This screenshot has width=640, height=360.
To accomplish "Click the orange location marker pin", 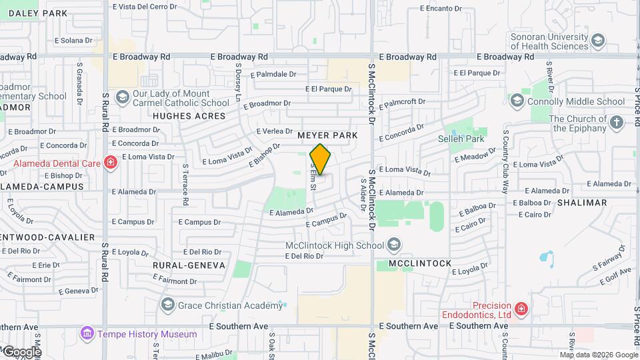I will pyautogui.click(x=321, y=159).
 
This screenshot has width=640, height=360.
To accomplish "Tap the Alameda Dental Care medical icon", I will pyautogui.click(x=110, y=162).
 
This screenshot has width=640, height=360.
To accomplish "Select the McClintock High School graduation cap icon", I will pyautogui.click(x=394, y=245).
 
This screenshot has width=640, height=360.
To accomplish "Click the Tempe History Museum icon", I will pyautogui.click(x=86, y=333).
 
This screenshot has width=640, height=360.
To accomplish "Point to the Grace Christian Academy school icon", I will pyautogui.click(x=167, y=305).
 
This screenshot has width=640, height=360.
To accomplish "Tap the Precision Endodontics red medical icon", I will pyautogui.click(x=521, y=309).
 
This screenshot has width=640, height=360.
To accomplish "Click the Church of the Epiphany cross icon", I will pyautogui.click(x=617, y=123).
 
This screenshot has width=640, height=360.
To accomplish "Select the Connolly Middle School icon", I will pyautogui.click(x=517, y=101).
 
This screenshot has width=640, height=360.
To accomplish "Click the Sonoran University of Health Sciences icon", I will pyautogui.click(x=598, y=40).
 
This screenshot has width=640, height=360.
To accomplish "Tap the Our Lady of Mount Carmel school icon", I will pyautogui.click(x=122, y=98).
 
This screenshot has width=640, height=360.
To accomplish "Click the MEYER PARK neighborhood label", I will pyautogui.click(x=327, y=135).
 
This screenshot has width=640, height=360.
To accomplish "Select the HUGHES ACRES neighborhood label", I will pyautogui.click(x=190, y=116).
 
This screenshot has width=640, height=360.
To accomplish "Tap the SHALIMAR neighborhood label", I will pyautogui.click(x=582, y=203).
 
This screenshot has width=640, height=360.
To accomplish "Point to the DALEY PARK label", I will pyautogui.click(x=38, y=13).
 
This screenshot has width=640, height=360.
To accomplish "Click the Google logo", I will pyautogui.click(x=22, y=351).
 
